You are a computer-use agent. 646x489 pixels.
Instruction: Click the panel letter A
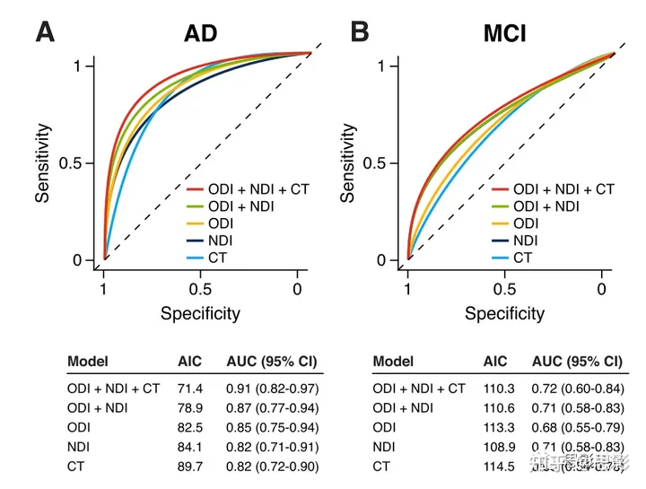click(45, 32)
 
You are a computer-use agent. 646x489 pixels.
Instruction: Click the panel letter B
click(358, 32)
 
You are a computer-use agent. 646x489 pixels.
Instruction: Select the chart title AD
click(200, 35)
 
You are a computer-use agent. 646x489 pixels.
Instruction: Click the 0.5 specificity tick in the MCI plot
click(505, 290)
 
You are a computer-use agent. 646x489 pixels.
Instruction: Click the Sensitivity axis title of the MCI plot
click(348, 162)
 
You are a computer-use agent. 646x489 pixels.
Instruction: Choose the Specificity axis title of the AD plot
click(200, 313)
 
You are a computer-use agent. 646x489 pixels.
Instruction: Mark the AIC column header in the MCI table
click(495, 362)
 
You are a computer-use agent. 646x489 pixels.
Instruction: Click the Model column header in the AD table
click(88, 362)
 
